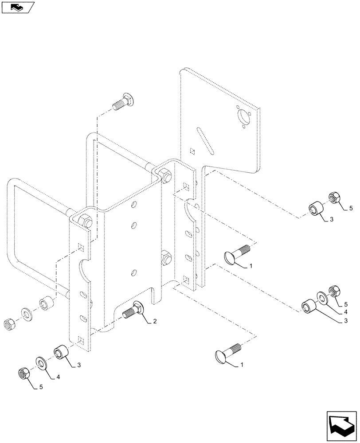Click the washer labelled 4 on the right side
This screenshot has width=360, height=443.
click(321, 296)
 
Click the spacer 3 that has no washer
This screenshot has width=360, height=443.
click(316, 208)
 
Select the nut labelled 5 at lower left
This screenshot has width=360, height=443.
click(23, 374)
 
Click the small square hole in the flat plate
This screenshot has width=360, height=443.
click(192, 152)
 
